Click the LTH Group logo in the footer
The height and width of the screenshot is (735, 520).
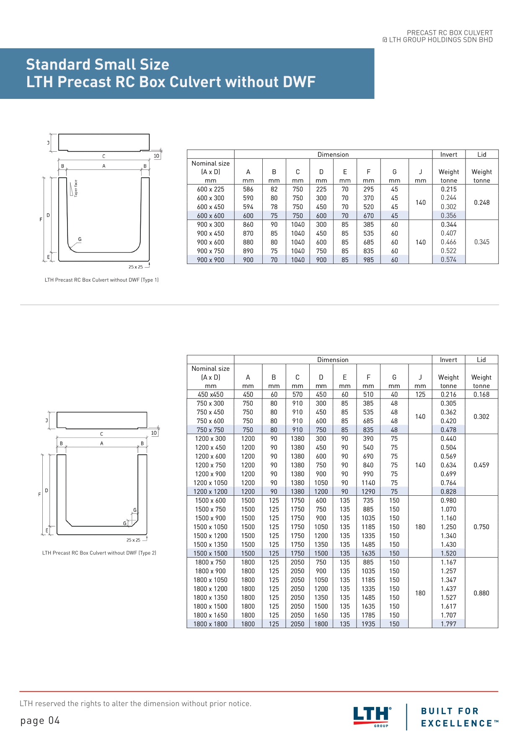tap(372, 716)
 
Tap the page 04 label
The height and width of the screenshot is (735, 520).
tap(40, 721)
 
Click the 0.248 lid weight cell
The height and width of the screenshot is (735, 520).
tap(481, 202)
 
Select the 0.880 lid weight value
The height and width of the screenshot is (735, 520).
tap(481, 593)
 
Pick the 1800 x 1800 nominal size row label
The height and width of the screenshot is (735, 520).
tap(210, 624)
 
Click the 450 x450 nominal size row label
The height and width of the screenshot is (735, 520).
tap(210, 394)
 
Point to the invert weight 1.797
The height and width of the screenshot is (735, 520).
tap(448, 624)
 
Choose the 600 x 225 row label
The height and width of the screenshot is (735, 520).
tap(210, 189)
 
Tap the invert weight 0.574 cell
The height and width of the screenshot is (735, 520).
tap(448, 260)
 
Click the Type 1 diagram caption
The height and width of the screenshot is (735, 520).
tap(101, 280)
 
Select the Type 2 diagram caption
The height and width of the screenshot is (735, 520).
tap(99, 553)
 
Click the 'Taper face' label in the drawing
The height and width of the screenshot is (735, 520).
tap(76, 189)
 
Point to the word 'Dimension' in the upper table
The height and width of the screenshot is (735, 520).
tap(333, 155)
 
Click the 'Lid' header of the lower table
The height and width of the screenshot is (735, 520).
tap(481, 360)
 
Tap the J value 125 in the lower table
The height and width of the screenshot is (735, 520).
tap(420, 394)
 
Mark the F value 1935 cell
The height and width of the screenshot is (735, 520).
tap(368, 624)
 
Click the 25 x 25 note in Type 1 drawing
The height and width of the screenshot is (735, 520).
tap(135, 267)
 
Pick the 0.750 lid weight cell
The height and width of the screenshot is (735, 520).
tap(481, 527)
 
